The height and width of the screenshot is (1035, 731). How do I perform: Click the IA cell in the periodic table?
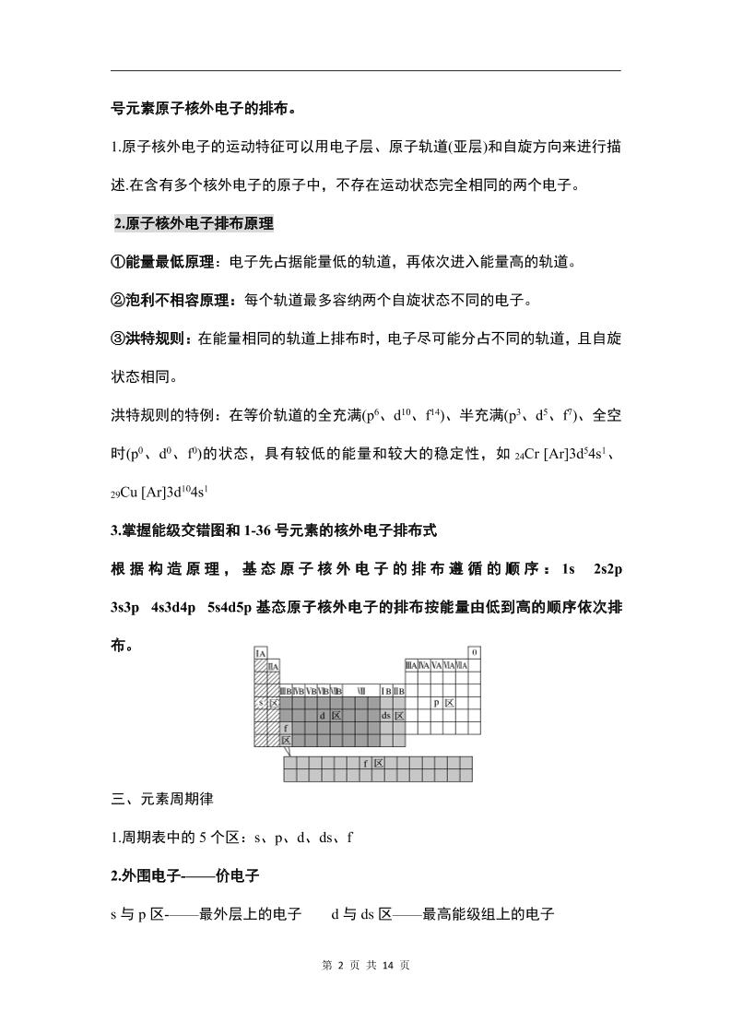[261, 654]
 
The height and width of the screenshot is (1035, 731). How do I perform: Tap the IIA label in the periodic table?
[273, 666]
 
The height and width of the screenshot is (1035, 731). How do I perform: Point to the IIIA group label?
[410, 666]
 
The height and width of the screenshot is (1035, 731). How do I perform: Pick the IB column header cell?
[386, 690]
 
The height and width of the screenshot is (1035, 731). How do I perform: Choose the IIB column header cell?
[399, 690]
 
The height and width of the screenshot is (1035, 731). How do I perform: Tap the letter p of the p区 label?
[437, 703]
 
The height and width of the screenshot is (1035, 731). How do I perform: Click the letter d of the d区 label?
[322, 715]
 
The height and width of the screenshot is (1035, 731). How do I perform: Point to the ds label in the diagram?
[386, 715]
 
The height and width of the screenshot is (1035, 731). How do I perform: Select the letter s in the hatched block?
[261, 703]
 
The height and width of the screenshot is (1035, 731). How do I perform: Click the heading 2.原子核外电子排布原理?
[194, 223]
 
